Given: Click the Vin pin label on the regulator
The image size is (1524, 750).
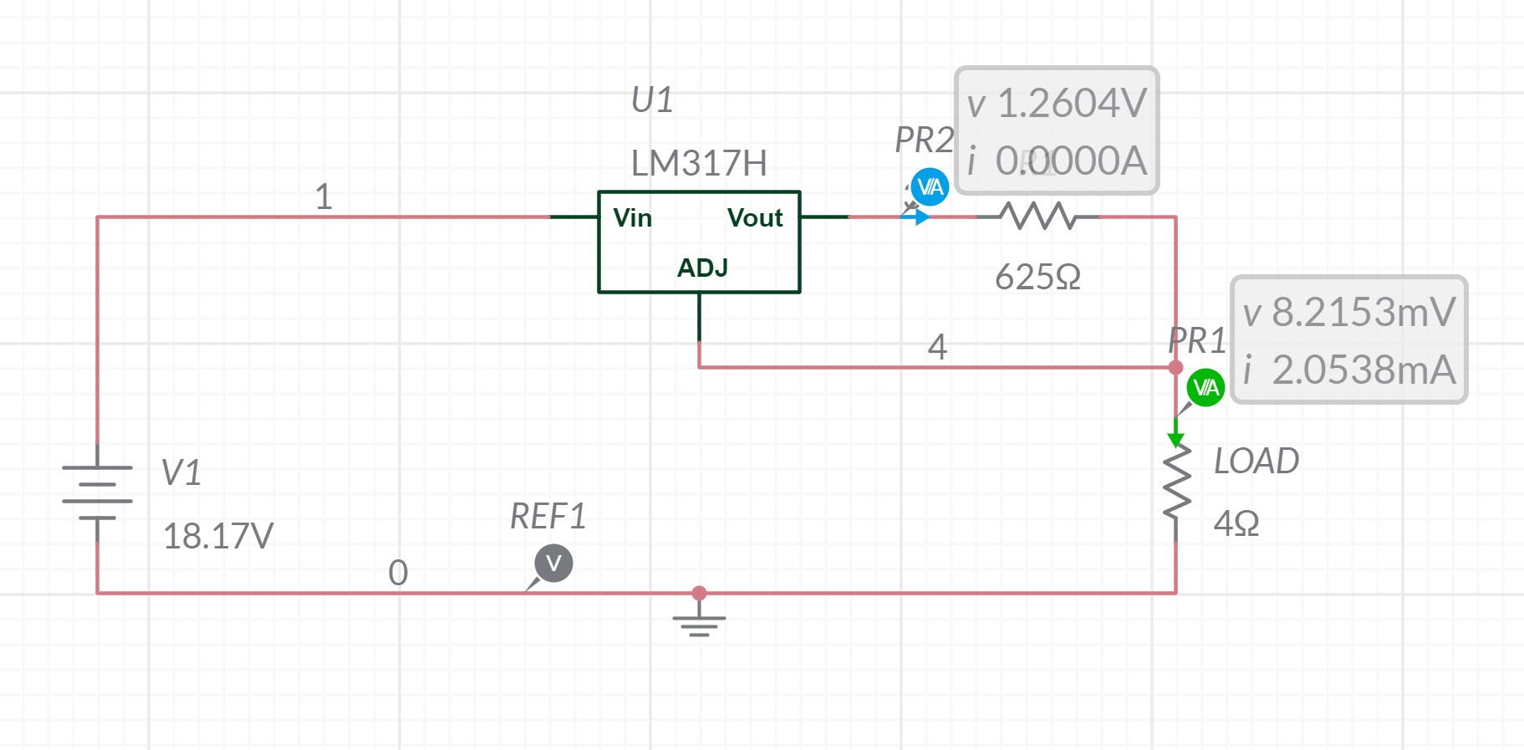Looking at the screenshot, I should click(x=632, y=218).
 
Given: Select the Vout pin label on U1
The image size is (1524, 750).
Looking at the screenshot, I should click(x=754, y=218).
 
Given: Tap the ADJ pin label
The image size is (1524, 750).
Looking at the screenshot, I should click(x=702, y=268).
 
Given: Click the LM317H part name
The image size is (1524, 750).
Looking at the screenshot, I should click(x=699, y=164).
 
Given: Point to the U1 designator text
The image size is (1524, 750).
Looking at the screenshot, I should click(x=652, y=101).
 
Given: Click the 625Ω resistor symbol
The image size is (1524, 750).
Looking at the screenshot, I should click(x=1038, y=217).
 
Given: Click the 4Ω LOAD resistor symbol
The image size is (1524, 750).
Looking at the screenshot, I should click(x=1176, y=493).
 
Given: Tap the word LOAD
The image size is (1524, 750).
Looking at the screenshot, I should click(x=1256, y=462).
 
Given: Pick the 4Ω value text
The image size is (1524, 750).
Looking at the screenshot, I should click(x=1236, y=524).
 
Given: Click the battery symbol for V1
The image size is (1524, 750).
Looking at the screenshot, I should click(x=98, y=492).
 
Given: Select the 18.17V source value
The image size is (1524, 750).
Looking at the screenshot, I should click(x=218, y=537).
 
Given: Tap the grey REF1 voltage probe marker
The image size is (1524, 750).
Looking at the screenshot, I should click(x=553, y=564).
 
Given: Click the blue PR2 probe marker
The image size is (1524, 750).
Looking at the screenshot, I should click(x=930, y=187).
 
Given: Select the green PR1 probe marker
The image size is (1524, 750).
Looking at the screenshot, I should click(x=1205, y=388).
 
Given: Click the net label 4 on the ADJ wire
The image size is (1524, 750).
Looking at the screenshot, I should click(x=937, y=347).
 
